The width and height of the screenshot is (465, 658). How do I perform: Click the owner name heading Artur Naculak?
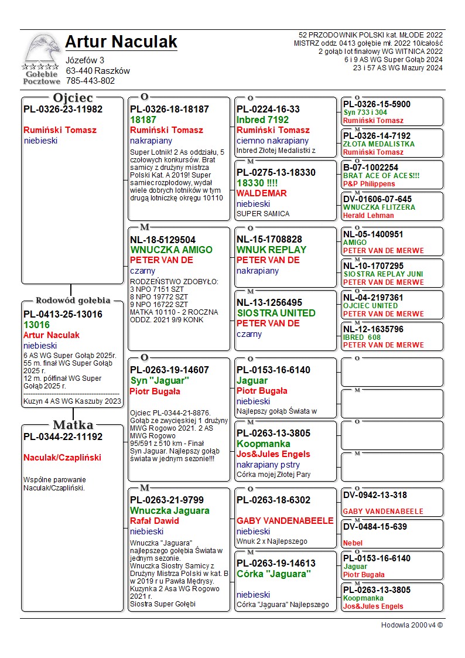[x=121, y=42]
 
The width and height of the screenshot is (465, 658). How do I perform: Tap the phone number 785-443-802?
[x=90, y=81]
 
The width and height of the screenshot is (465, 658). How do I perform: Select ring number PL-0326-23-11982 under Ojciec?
[x=63, y=109]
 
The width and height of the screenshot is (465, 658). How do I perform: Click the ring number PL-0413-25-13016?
[x=63, y=314]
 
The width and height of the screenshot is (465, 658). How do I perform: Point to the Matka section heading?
[x=73, y=425]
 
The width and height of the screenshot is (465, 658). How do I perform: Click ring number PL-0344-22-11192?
[x=63, y=437]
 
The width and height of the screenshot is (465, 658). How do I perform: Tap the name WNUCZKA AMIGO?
[x=171, y=250]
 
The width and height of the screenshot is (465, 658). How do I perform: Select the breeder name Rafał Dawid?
[x=155, y=520]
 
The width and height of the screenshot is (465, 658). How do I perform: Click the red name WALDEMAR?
[x=261, y=193]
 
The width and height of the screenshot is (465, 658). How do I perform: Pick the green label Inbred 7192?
[x=263, y=120]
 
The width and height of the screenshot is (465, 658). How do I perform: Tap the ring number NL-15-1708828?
[x=269, y=239]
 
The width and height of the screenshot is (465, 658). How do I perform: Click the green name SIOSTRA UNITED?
[x=276, y=313]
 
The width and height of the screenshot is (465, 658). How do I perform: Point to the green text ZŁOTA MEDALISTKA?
[x=379, y=144]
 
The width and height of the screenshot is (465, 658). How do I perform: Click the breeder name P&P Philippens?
[x=369, y=184]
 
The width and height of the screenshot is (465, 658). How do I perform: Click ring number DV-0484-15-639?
[x=376, y=527]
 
